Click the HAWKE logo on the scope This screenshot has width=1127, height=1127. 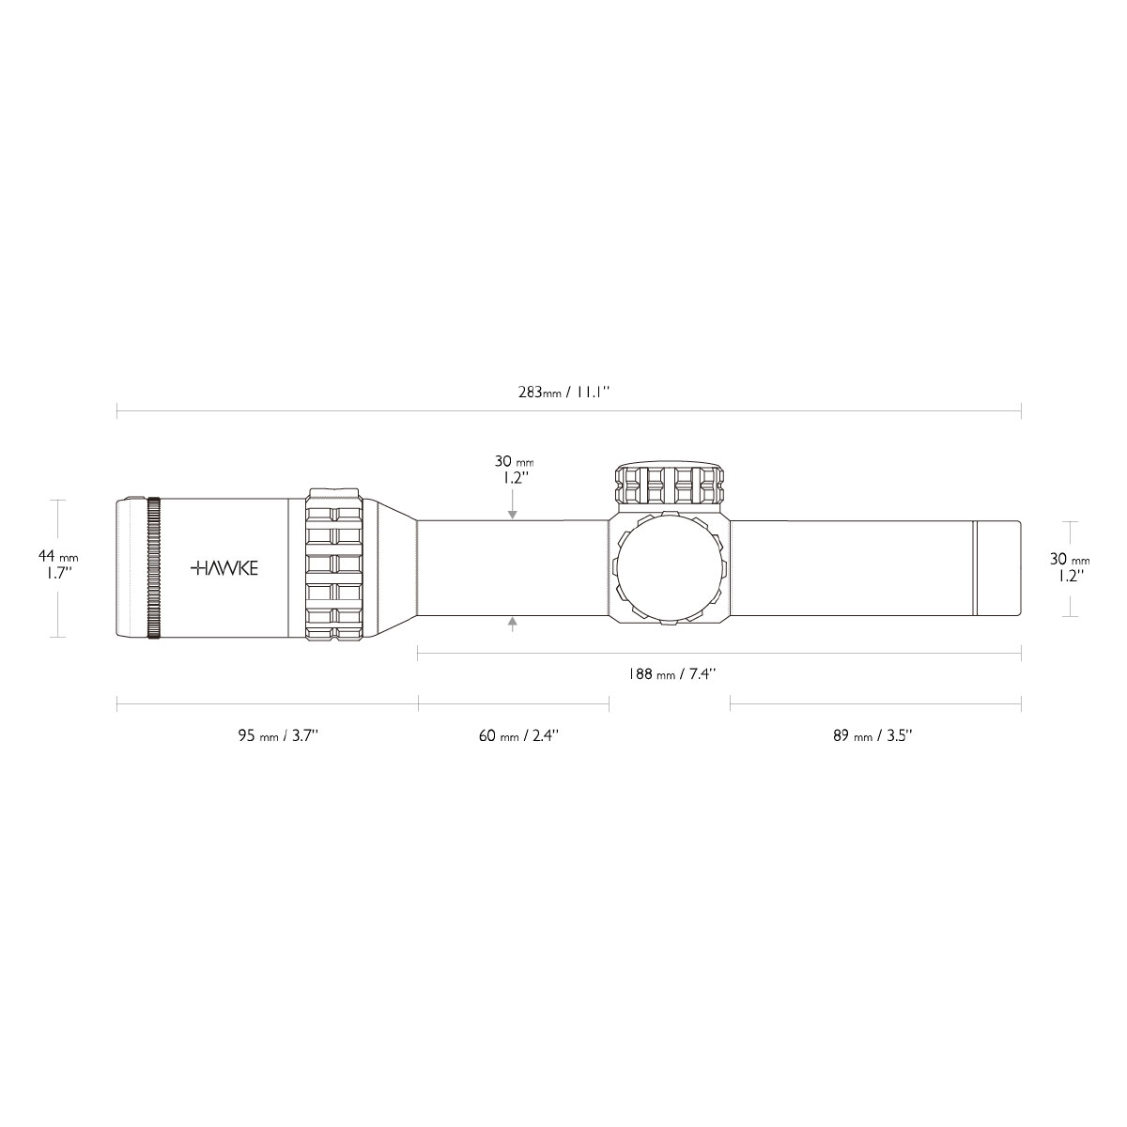tap(224, 568)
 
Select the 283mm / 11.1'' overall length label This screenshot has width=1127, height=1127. tap(563, 392)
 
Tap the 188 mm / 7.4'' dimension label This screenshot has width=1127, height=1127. tap(672, 673)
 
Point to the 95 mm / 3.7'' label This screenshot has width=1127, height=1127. tap(278, 735)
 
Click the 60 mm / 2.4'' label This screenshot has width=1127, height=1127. tap(518, 735)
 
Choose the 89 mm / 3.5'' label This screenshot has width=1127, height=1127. tap(872, 735)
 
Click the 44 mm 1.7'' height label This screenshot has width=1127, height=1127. tap(58, 563)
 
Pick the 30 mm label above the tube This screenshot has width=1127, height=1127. tap(514, 461)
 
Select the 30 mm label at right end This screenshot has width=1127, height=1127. tap(1070, 559)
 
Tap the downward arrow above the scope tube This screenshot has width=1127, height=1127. tap(513, 504)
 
